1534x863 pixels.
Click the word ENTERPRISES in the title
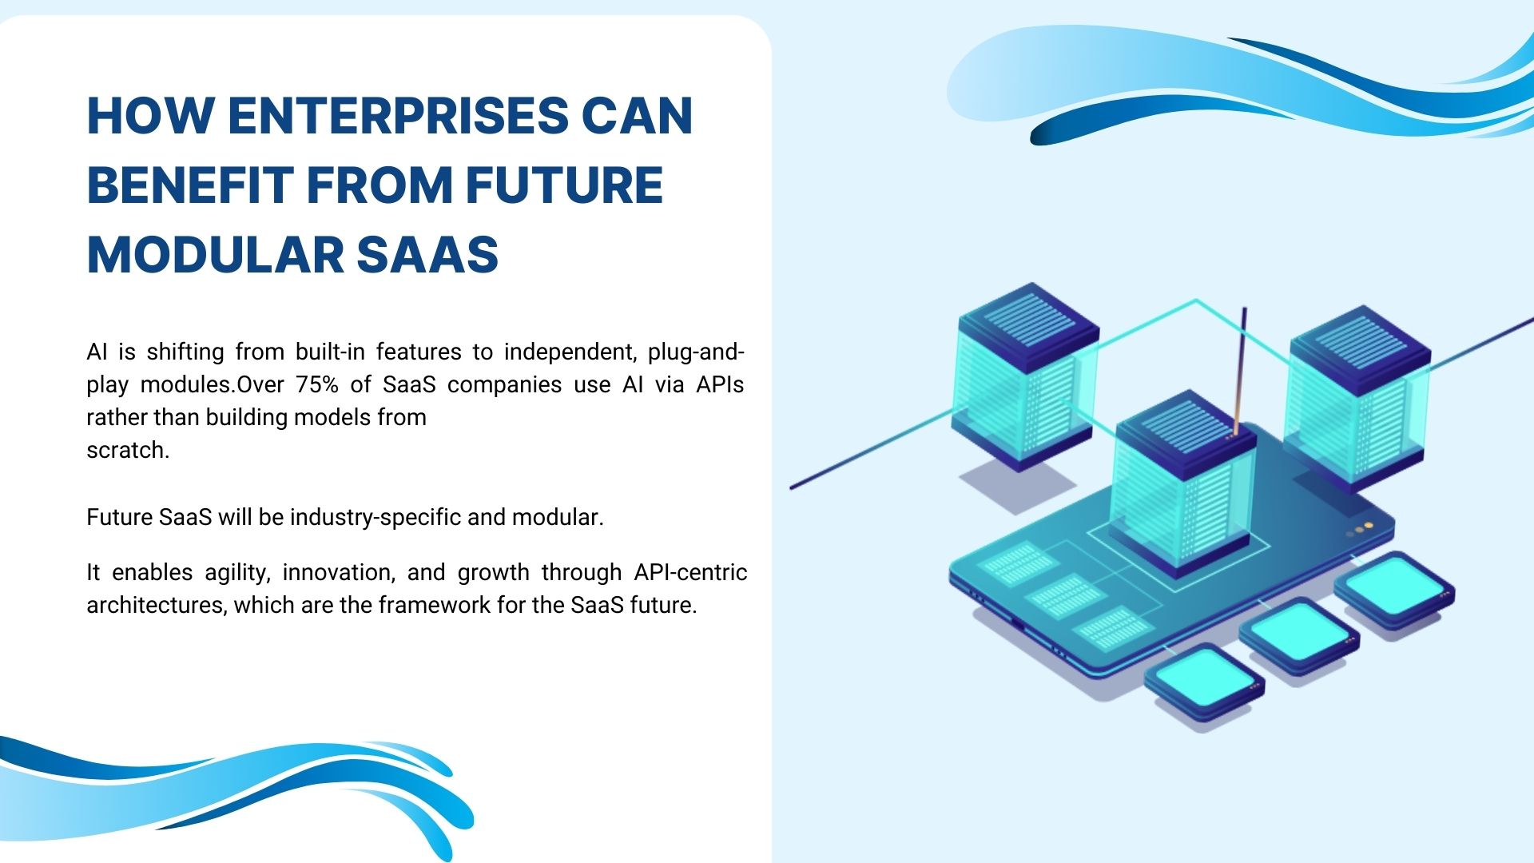point(397,116)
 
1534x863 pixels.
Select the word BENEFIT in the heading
point(189,185)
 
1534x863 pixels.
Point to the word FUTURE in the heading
point(564,185)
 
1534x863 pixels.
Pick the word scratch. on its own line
point(128,451)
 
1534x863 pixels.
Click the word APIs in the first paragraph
point(719,385)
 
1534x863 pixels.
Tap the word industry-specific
point(376,518)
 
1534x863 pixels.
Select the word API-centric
point(690,573)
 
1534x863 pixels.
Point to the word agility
point(237,573)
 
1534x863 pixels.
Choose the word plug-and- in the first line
point(696,352)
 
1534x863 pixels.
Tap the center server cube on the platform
point(1184,479)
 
